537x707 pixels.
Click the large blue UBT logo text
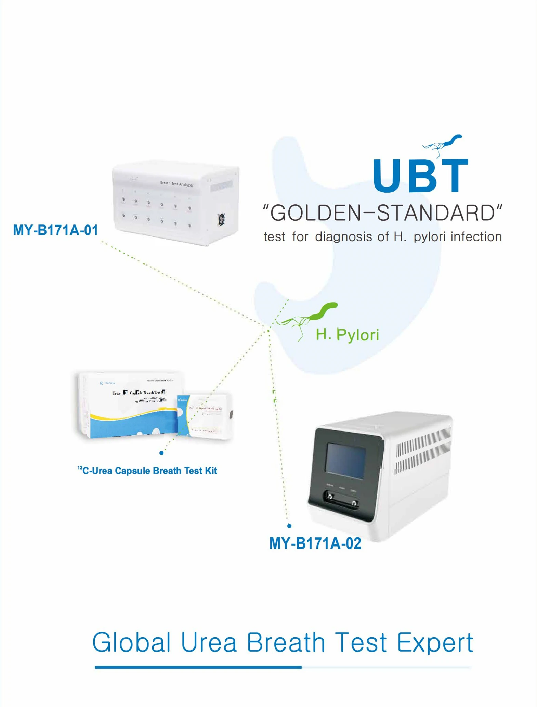click(x=420, y=175)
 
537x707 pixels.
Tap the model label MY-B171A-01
click(x=55, y=230)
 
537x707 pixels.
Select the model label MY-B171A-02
click(x=315, y=543)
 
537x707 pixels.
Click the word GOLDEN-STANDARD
click(x=382, y=213)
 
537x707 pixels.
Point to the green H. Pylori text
click(x=347, y=334)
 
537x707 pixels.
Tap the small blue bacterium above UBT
click(x=443, y=144)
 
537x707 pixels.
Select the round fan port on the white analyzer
click(x=221, y=219)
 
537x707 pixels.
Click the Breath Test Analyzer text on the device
click(x=177, y=184)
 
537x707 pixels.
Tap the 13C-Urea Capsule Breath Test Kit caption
click(x=147, y=471)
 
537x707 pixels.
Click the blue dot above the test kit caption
click(x=161, y=453)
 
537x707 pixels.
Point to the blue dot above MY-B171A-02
click(x=289, y=526)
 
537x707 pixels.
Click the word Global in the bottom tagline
click(x=131, y=642)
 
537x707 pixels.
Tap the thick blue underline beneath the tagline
click(x=198, y=667)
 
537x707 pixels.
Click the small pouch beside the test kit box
click(x=205, y=416)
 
